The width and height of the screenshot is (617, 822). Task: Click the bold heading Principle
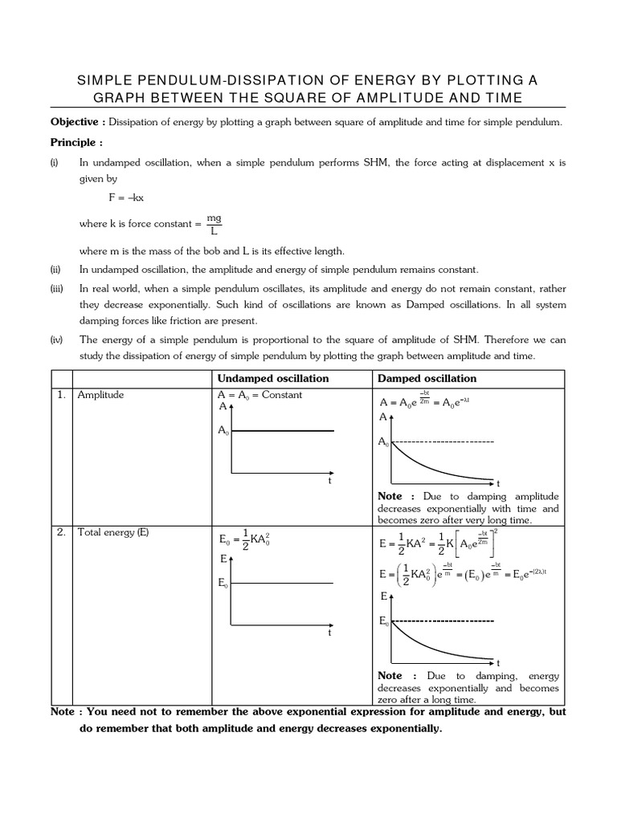coord(76,142)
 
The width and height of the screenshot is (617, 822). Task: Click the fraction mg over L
coord(213,223)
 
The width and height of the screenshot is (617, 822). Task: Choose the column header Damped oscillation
coord(427,378)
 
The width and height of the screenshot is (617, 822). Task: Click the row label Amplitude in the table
coord(100,395)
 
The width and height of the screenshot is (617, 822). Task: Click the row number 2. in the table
coord(61,531)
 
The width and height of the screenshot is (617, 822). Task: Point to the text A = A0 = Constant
coord(259,396)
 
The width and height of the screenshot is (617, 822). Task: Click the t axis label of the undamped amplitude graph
coord(329,481)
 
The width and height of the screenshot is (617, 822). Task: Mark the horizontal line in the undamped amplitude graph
coord(281,432)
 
